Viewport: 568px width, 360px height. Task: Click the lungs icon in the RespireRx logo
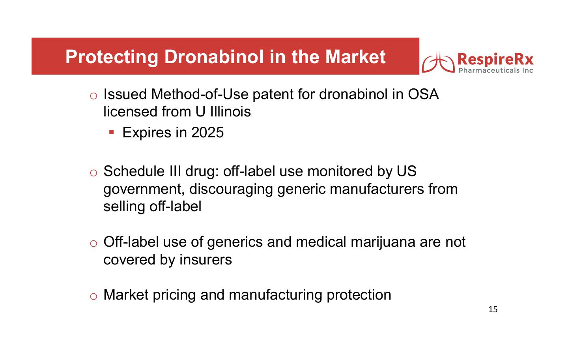click(x=438, y=62)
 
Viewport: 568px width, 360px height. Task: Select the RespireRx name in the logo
click(x=495, y=60)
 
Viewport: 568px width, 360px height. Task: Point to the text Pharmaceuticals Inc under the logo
click(x=496, y=70)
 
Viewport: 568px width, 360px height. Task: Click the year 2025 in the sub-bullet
click(x=207, y=132)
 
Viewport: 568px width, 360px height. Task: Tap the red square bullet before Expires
click(x=111, y=132)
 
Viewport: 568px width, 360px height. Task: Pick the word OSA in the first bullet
click(x=423, y=94)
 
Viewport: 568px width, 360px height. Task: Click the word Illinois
click(x=230, y=112)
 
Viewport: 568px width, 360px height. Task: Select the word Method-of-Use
click(x=200, y=94)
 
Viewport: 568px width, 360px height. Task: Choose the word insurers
click(x=206, y=259)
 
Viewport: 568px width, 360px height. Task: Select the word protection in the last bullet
click(x=359, y=295)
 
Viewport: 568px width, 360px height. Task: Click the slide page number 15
click(x=493, y=309)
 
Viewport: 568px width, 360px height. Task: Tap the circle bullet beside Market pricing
click(x=93, y=296)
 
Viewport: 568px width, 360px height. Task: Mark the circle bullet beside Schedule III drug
click(x=93, y=173)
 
